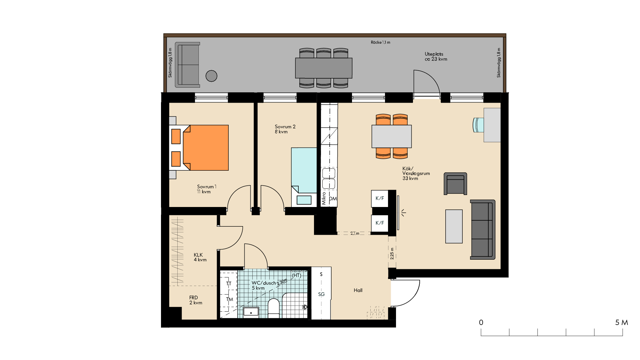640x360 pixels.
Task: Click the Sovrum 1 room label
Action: coord(207,189)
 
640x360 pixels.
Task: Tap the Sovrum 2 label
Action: coord(285,129)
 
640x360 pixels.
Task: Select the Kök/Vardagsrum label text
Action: coord(416,173)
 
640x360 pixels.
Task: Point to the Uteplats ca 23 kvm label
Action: coord(436,56)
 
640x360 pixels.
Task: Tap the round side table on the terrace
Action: coord(211,76)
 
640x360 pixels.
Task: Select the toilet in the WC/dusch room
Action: coord(274,308)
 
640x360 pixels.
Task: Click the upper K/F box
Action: coord(380,198)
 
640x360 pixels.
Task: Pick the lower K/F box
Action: coord(380,223)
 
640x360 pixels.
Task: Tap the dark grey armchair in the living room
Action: coord(455,184)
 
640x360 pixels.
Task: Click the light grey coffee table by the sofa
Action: coord(454,226)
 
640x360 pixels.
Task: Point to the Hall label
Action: coord(358,290)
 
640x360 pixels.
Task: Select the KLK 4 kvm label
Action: coord(200,257)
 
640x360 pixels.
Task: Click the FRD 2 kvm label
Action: coord(196,300)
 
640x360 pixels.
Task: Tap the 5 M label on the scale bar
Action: coord(622,322)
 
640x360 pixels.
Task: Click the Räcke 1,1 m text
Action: coord(380,42)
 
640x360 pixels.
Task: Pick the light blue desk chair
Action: coord(478,125)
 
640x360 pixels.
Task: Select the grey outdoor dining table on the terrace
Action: coord(324,68)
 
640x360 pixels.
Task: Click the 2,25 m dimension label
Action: coord(392,253)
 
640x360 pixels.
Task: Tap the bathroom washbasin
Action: coord(251,312)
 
